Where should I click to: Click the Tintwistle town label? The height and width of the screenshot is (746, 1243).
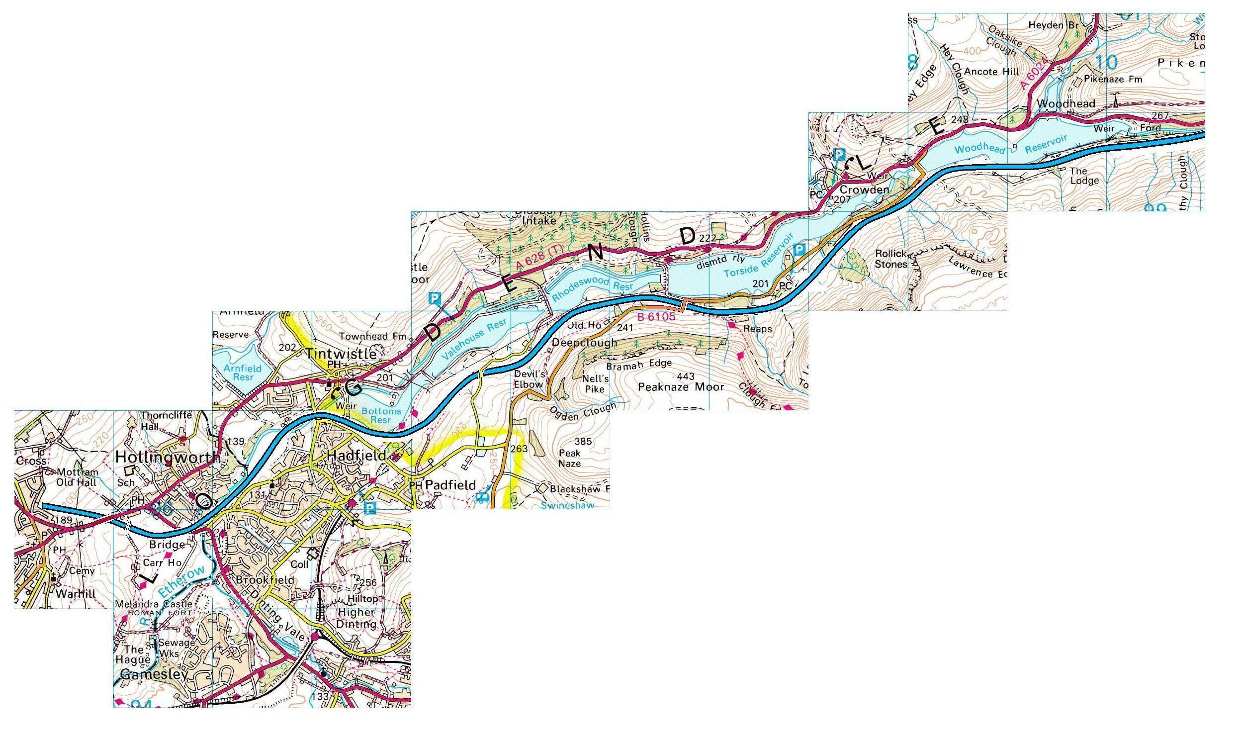pos(341,354)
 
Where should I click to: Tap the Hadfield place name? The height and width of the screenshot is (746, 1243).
pos(356,456)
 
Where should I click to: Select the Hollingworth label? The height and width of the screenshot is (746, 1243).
pos(167,457)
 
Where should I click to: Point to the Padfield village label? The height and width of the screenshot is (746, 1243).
pos(450,485)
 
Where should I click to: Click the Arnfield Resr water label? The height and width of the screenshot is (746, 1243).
pos(242,373)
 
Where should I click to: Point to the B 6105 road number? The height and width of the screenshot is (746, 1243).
pos(656,317)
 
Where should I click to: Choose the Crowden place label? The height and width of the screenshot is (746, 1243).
pos(864,189)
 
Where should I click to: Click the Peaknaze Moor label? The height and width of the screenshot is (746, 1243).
pos(681,386)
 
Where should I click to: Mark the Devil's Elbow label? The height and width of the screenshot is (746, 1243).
pos(528,379)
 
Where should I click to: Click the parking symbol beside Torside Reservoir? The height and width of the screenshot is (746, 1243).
pos(799,249)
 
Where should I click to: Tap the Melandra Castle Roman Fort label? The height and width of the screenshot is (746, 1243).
pos(153,608)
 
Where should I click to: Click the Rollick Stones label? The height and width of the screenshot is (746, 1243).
pos(891,259)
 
